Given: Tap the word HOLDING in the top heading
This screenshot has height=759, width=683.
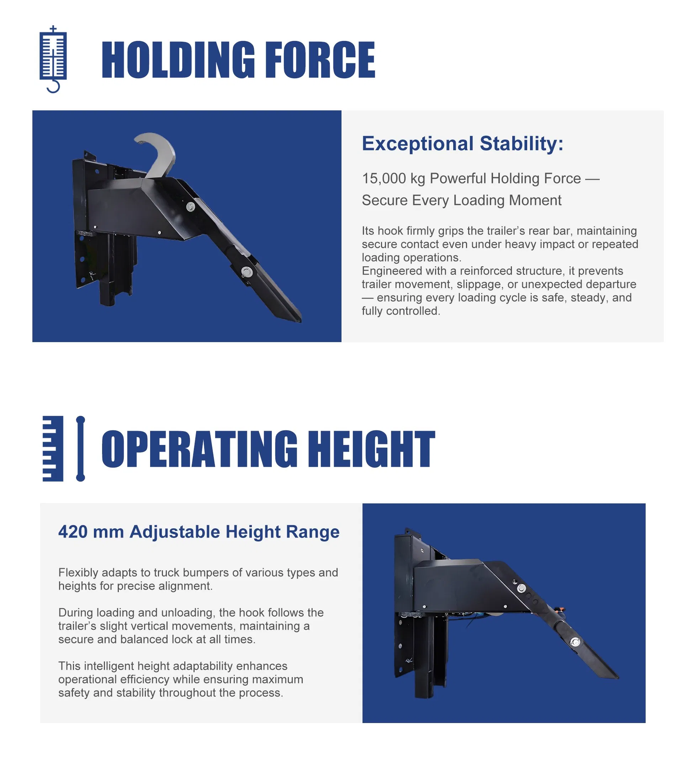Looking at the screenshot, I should coord(178,60).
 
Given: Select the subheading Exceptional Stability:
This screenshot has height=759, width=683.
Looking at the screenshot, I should coord(462,143).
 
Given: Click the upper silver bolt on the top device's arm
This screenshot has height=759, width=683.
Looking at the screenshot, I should coord(191,206).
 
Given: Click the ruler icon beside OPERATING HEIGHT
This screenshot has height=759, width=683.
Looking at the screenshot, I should coord(63,449).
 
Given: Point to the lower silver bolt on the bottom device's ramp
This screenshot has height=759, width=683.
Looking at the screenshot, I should coord(575,642).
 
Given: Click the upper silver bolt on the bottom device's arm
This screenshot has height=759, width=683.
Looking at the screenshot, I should coord(521,588).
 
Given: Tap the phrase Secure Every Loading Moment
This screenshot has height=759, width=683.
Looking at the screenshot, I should coord(461,200).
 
